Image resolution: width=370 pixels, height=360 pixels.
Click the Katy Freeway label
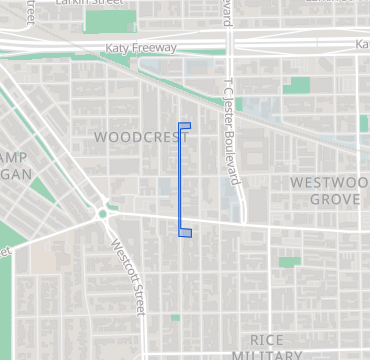click(x=141, y=48)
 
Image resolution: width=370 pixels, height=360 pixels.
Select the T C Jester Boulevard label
click(x=232, y=131)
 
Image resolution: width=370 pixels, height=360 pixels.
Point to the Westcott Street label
click(x=129, y=273)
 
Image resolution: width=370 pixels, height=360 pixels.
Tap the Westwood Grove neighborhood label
click(x=325, y=191)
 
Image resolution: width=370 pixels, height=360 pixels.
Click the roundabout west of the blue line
click(x=101, y=214)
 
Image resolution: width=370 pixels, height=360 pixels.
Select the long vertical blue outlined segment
click(x=180, y=180)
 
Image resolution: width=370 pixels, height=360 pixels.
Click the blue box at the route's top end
click(x=184, y=126)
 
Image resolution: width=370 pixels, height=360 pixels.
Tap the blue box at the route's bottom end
click(x=185, y=233)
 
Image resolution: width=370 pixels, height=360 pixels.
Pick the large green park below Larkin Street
click(x=110, y=22)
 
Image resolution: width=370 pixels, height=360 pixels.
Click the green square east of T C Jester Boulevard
click(x=296, y=86)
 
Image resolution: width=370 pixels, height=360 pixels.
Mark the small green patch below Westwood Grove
click(x=289, y=262)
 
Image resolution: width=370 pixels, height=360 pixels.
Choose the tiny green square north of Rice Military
click(x=175, y=318)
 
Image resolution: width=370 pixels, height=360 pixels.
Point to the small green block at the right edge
click(x=364, y=123)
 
